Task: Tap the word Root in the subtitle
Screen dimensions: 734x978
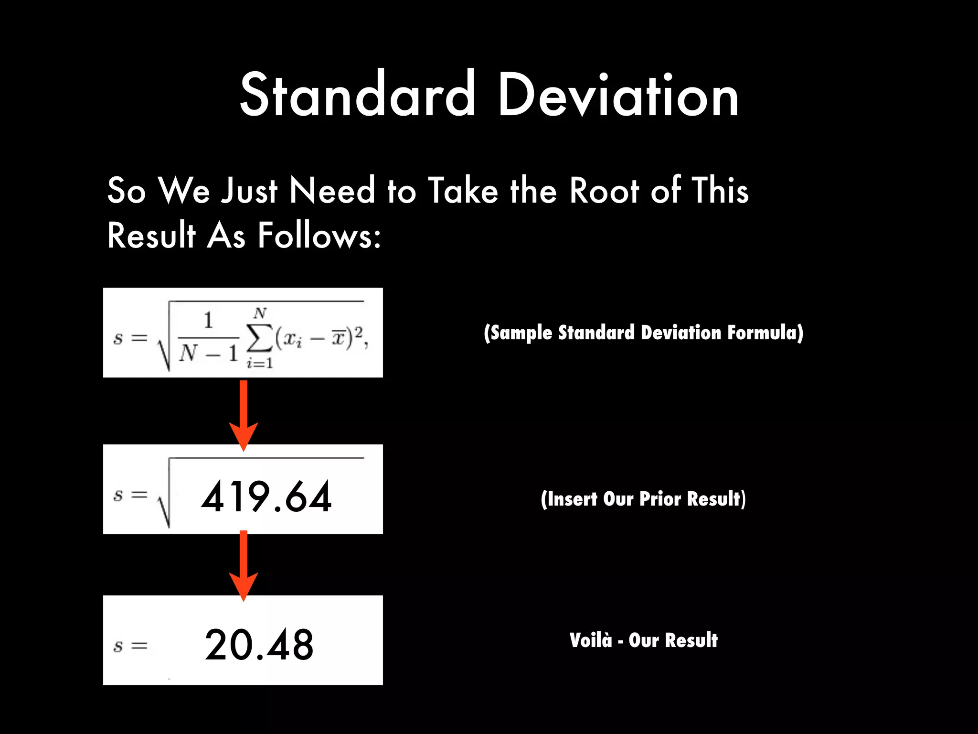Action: pos(604,191)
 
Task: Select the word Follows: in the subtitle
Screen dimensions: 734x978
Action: pos(319,236)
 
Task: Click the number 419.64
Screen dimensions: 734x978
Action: pos(266,497)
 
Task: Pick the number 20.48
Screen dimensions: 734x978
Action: pos(259,645)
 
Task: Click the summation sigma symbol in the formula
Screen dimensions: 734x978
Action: pos(259,338)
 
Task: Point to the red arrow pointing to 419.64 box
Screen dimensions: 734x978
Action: pos(244,415)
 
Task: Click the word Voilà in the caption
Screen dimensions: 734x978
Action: pos(590,640)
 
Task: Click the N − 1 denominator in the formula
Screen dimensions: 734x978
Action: pos(208,354)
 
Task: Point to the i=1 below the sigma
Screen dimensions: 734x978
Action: pos(260,364)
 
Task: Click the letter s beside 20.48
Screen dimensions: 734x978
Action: pos(118,646)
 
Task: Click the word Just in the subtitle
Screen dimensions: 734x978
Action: pos(249,191)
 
